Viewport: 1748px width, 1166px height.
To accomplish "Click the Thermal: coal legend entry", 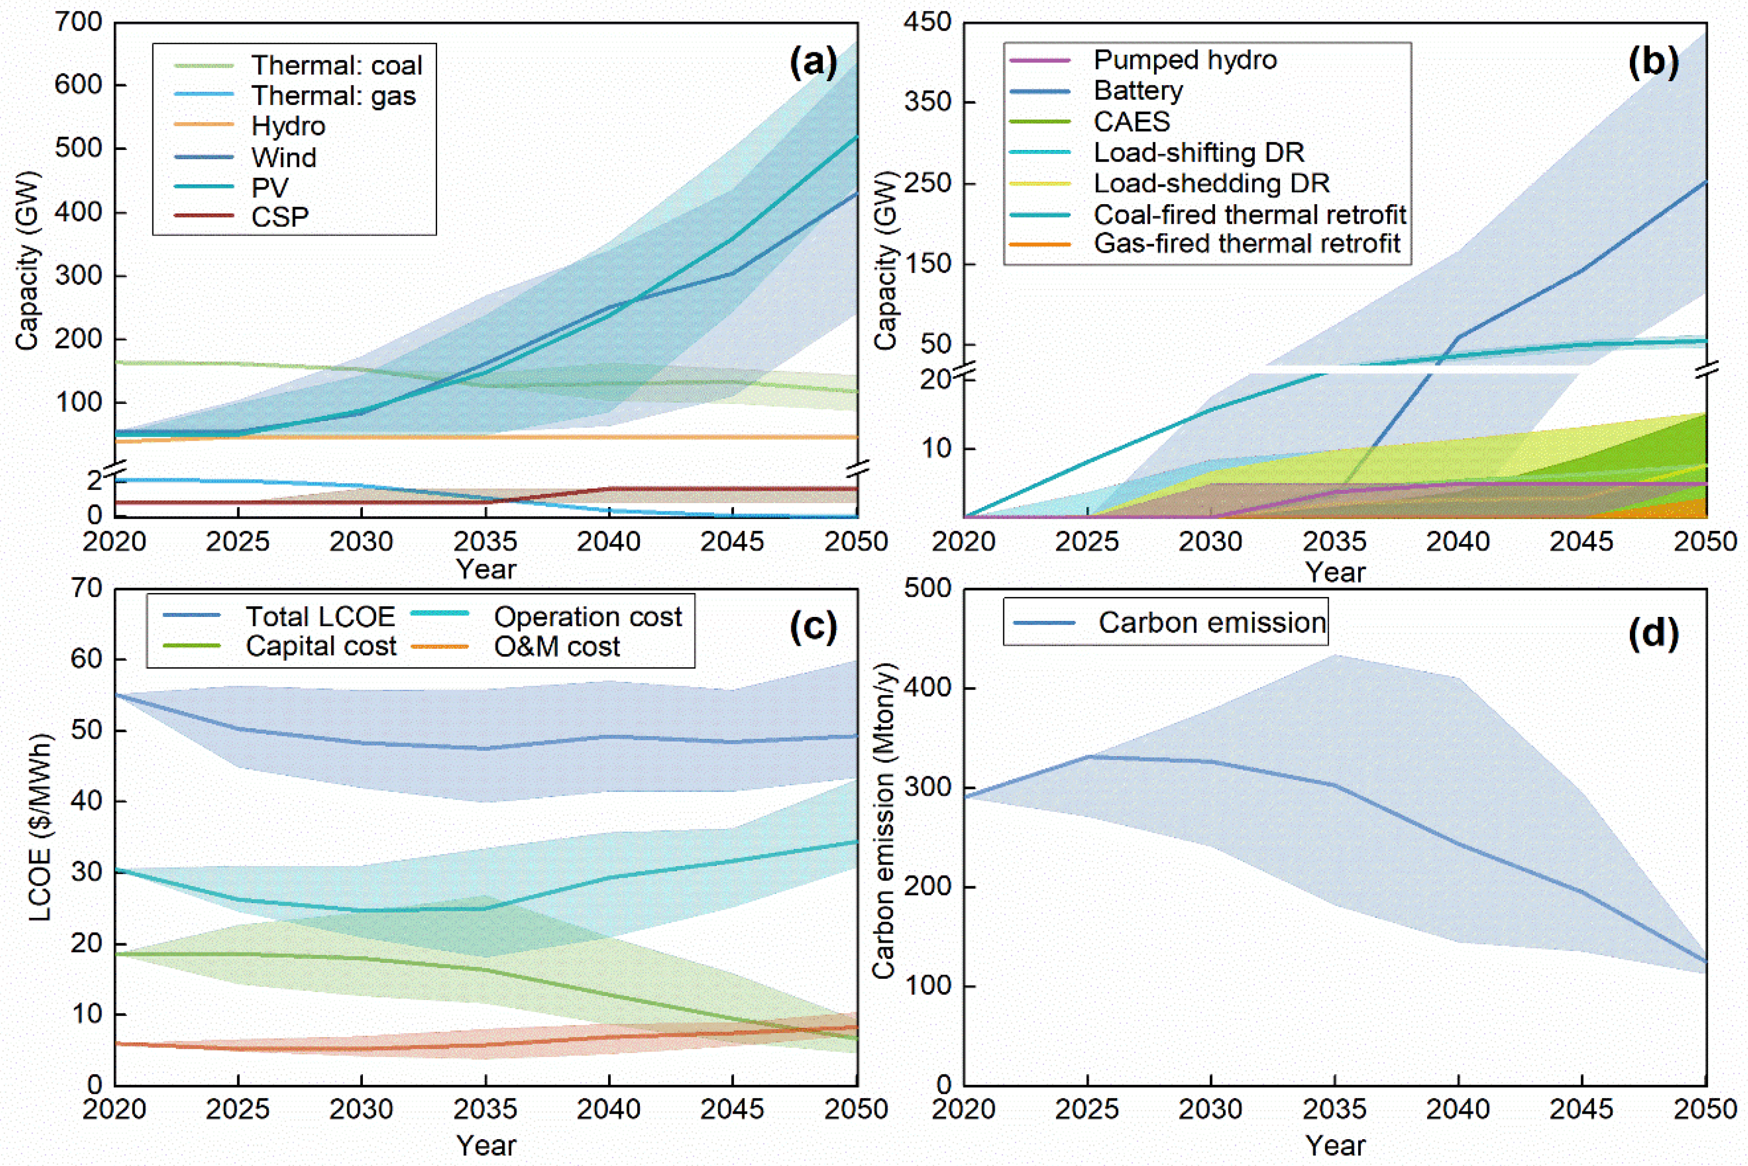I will point(336,65).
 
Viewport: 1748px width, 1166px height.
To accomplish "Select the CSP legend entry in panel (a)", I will point(279,217).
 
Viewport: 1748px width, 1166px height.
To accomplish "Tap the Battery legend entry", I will point(1137,91).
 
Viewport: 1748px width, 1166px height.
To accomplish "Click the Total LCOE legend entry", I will point(320,616).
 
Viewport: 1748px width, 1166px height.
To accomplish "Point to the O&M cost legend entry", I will point(556,646).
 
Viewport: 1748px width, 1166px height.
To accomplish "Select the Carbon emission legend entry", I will point(1212,622).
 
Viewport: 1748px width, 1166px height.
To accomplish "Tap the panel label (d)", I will point(1653,633).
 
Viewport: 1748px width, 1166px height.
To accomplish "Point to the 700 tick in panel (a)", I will point(78,22).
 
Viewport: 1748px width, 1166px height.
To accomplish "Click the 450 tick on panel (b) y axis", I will point(927,22).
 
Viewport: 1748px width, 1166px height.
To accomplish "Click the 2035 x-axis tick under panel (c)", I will point(485,1109).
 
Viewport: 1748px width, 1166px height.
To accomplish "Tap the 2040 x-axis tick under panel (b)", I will point(1457,541).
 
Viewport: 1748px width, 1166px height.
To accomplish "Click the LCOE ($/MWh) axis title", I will point(41,827).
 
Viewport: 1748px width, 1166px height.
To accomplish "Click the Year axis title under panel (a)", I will point(485,570).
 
